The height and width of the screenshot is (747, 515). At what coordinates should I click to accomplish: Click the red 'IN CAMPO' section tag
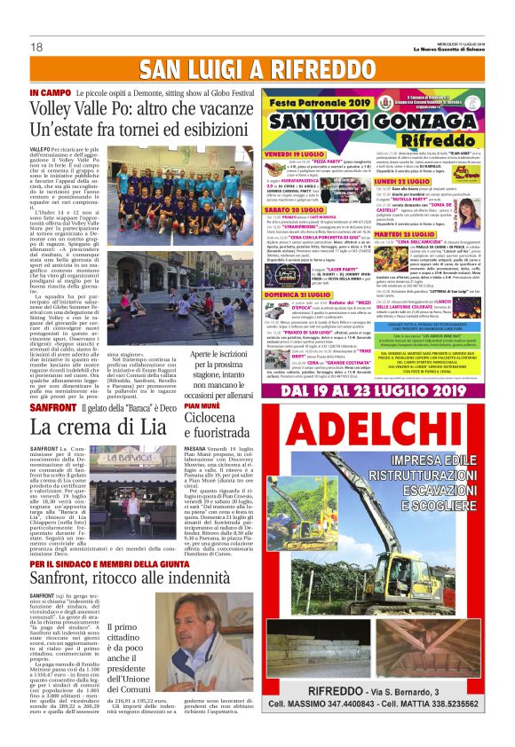46,92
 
